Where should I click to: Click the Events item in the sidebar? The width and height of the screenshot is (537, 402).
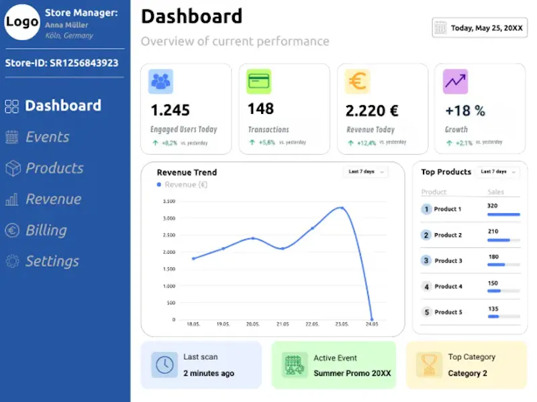click(x=37, y=137)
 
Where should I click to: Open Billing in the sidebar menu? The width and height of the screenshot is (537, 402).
click(x=36, y=230)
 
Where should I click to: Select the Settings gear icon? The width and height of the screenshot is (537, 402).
click(x=12, y=261)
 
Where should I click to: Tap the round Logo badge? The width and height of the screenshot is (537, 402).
click(x=22, y=22)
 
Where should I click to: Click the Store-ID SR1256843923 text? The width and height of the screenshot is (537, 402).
click(x=62, y=63)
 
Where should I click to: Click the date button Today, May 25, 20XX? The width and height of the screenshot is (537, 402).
click(x=479, y=27)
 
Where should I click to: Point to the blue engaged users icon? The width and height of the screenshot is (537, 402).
click(x=160, y=81)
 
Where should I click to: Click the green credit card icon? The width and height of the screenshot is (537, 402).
click(x=259, y=81)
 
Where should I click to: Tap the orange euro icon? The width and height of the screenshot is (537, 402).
click(x=357, y=81)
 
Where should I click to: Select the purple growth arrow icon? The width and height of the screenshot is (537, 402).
click(x=456, y=81)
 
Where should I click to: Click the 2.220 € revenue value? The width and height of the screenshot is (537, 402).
click(x=372, y=111)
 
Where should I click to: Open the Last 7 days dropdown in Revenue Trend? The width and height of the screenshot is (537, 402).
click(x=366, y=172)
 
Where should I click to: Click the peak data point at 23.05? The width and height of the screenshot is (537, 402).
click(x=342, y=208)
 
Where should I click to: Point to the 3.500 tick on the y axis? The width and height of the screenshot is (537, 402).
click(x=169, y=202)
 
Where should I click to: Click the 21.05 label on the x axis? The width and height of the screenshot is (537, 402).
click(x=283, y=324)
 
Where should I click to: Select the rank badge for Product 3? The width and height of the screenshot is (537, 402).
click(x=426, y=261)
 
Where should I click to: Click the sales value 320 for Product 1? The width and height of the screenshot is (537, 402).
click(x=492, y=206)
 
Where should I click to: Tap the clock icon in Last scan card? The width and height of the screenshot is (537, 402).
click(x=164, y=364)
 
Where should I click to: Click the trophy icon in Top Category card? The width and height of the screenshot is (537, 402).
click(x=429, y=364)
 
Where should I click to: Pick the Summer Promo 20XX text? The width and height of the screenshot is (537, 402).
click(x=352, y=373)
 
